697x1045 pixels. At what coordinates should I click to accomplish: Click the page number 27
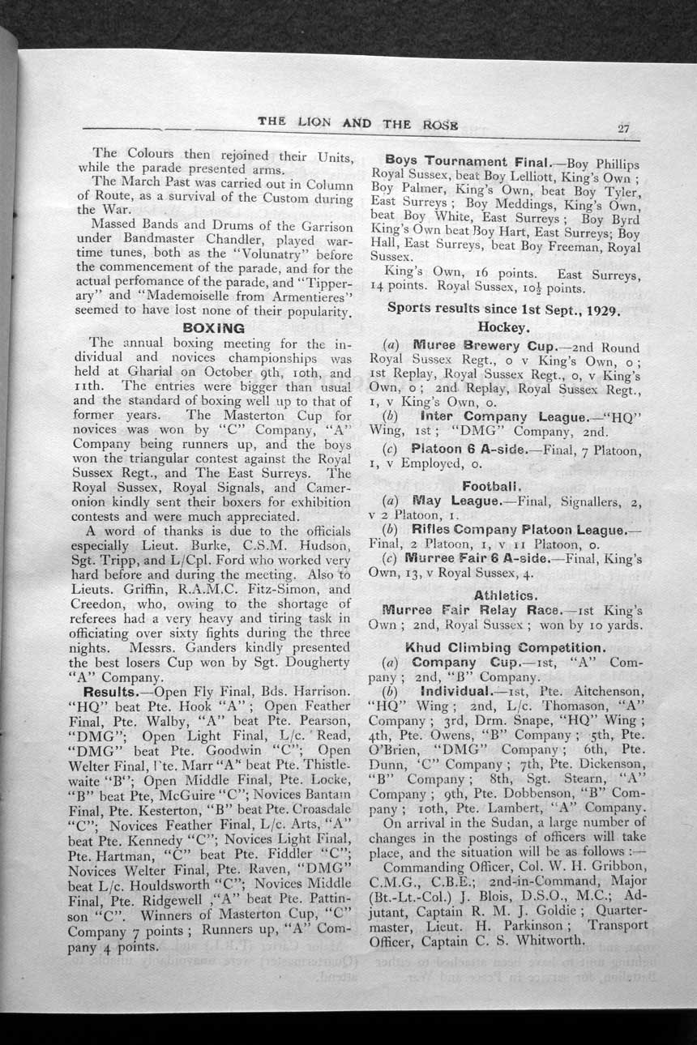pos(624,127)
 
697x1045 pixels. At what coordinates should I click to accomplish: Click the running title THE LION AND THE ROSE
pos(358,122)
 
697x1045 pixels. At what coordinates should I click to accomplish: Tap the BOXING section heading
pos(214,328)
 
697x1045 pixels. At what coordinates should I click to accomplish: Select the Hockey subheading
pos(503,326)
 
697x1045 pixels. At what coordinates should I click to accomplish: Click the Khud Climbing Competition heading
pos(505,648)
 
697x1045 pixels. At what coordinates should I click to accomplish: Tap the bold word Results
pos(114,692)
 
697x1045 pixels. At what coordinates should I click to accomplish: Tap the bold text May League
pos(454,501)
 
